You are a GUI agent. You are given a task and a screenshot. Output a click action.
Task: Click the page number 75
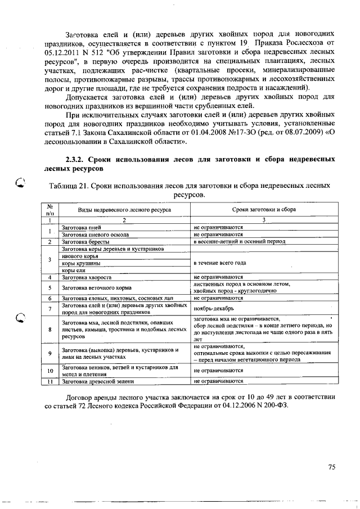click(331, 466)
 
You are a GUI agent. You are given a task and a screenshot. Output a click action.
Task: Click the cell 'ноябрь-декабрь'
click(211, 309)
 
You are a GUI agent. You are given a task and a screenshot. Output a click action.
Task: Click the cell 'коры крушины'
click(81, 263)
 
